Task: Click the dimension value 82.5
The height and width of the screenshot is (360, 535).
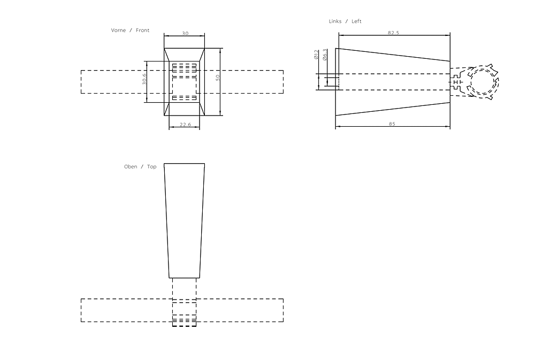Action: [393, 33]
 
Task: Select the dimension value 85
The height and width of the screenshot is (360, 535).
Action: [392, 124]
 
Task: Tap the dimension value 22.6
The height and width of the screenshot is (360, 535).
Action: [185, 125]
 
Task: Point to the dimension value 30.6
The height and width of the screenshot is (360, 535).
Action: [144, 80]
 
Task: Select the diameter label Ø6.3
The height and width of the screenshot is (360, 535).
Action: [325, 55]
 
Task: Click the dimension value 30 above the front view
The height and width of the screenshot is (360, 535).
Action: [185, 33]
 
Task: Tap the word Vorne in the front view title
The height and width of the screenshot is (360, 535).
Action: [118, 30]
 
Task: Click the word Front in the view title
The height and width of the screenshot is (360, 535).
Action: [143, 30]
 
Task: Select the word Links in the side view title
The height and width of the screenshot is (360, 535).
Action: [335, 21]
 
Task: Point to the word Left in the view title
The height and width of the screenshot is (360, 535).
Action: [356, 21]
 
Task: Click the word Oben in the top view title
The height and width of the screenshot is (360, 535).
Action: [131, 167]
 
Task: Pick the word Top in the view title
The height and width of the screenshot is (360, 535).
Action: [152, 167]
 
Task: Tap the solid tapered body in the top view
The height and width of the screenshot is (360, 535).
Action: [184, 219]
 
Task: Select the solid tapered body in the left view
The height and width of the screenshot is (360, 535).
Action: [392, 82]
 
